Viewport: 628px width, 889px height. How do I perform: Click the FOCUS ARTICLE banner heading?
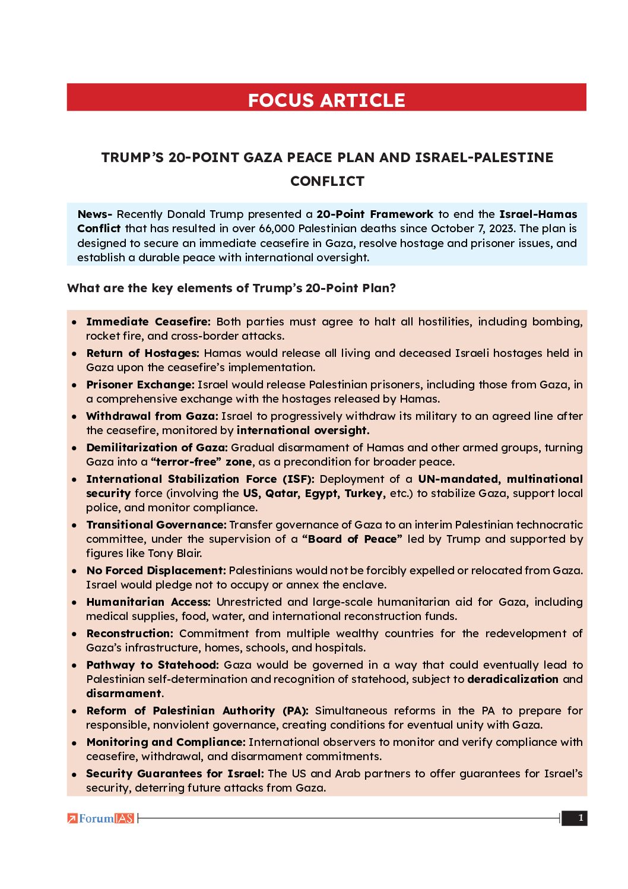[x=326, y=100]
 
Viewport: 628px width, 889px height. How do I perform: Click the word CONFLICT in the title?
[x=327, y=181]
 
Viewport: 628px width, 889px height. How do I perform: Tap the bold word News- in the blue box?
[x=94, y=214]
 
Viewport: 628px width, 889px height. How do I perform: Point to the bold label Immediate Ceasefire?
[x=148, y=322]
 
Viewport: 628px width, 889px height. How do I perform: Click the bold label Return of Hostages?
[x=142, y=353]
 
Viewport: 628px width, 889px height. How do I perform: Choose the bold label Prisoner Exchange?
[x=140, y=385]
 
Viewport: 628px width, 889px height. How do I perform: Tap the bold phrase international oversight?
[x=303, y=431]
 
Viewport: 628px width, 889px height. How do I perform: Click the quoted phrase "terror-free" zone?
[x=201, y=462]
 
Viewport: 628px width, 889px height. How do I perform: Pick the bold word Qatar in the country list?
[x=282, y=493]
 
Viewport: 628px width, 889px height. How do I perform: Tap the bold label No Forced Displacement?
[x=156, y=571]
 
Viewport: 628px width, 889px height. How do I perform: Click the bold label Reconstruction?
[x=129, y=634]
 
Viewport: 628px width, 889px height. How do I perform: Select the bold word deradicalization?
[x=513, y=679]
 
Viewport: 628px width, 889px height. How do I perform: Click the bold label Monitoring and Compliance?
[x=166, y=742]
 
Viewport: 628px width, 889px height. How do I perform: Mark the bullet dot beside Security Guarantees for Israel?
[x=74, y=774]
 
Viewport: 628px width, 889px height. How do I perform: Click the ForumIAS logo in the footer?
[x=101, y=818]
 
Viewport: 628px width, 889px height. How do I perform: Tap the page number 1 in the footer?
[x=580, y=818]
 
